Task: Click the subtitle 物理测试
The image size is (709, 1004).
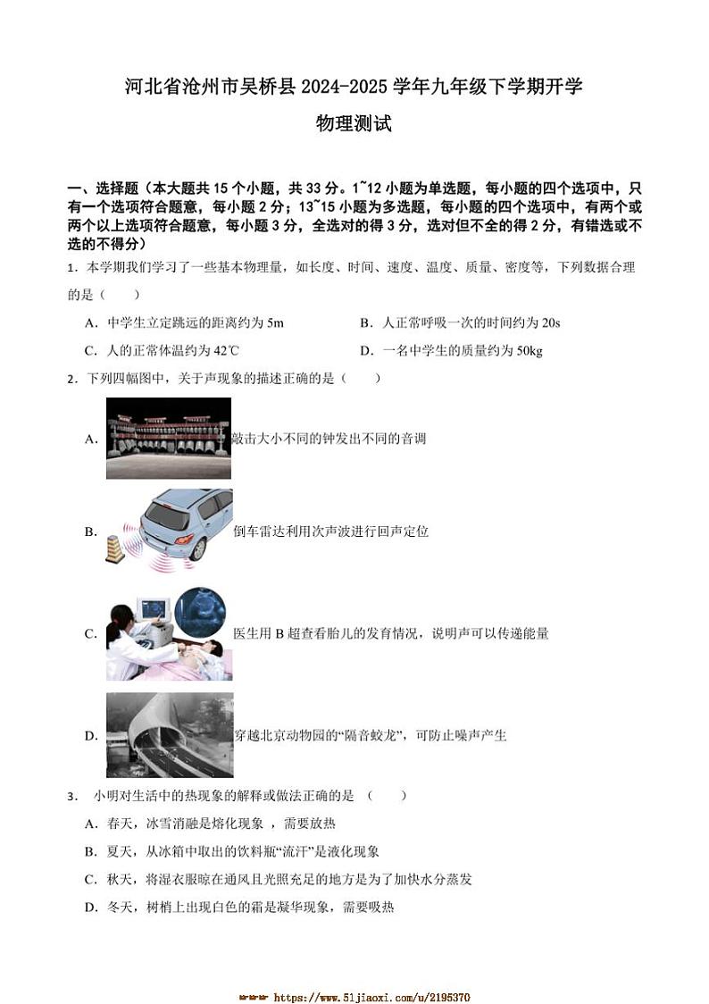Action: pyautogui.click(x=354, y=124)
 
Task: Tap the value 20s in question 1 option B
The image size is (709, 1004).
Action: pyautogui.click(x=551, y=322)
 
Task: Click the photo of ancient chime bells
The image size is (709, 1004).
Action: pyautogui.click(x=168, y=438)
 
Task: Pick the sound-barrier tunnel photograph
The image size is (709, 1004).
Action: pyautogui.click(x=169, y=735)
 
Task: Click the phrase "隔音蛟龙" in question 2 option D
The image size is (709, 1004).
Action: pyautogui.click(x=371, y=736)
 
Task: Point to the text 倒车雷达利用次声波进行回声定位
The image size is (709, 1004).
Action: pyautogui.click(x=330, y=531)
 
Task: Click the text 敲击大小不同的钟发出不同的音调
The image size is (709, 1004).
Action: pyautogui.click(x=328, y=438)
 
